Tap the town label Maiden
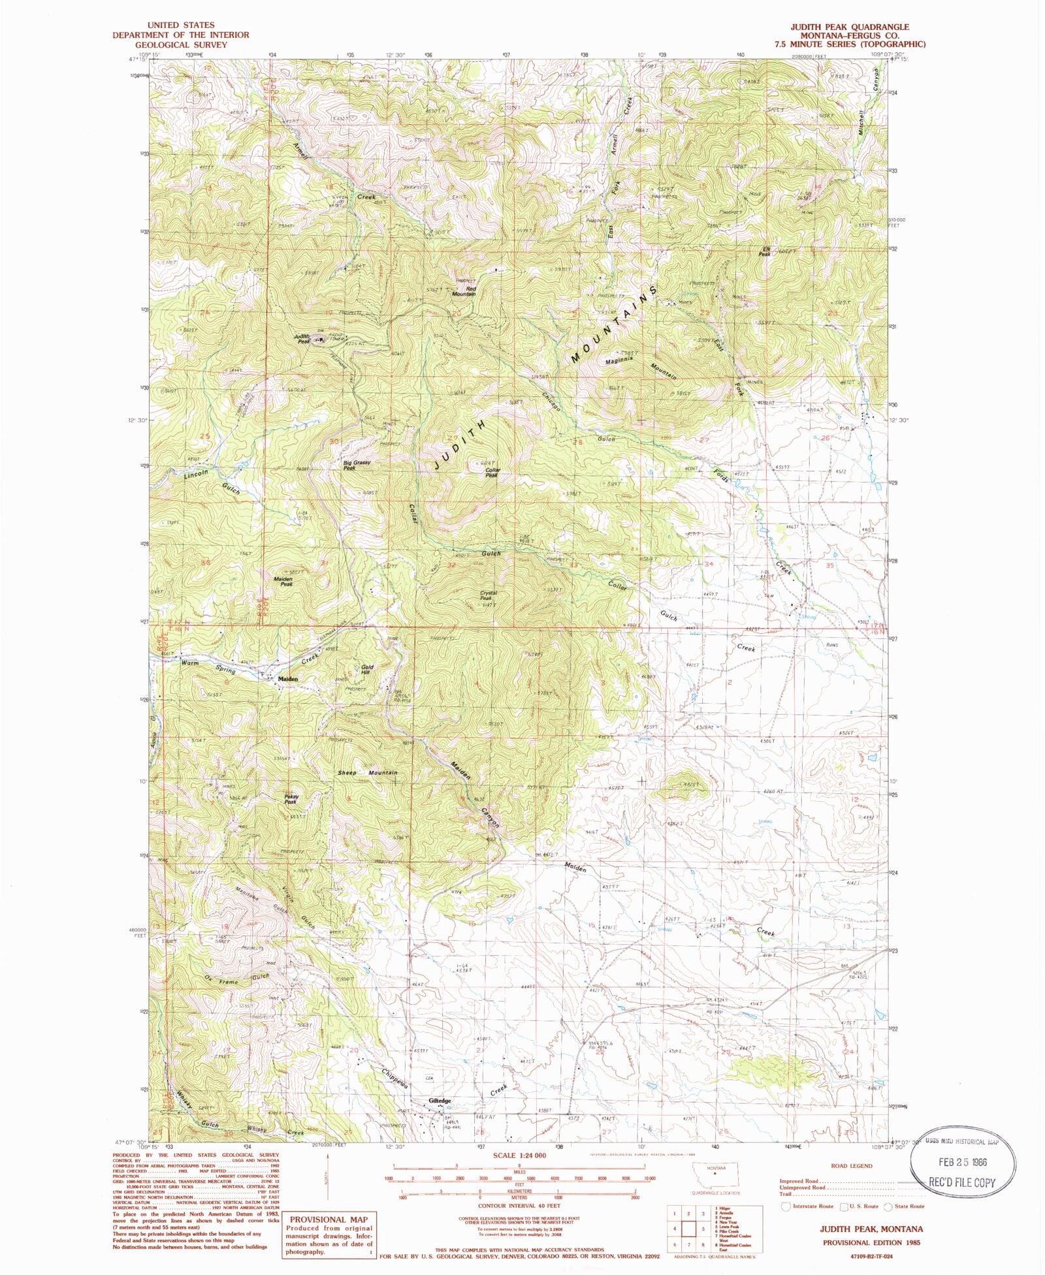coord(288,679)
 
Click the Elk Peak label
coord(765,251)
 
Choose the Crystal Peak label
coord(489,595)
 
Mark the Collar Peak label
coord(492,472)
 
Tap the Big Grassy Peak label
coord(358,465)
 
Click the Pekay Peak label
coord(291,798)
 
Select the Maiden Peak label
coord(283,581)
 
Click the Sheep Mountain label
coord(368,773)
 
